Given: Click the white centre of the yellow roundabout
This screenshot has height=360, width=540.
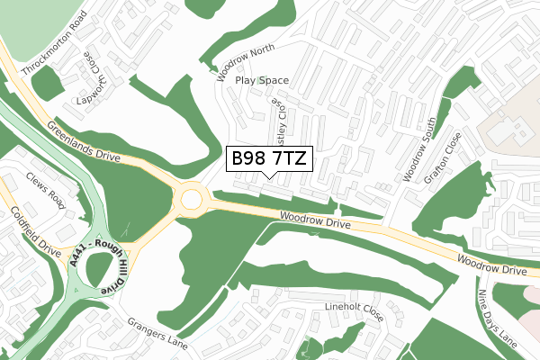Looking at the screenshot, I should pyautogui.click(x=193, y=199).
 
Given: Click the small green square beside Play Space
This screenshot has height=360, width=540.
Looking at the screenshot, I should pyautogui.click(x=260, y=80).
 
